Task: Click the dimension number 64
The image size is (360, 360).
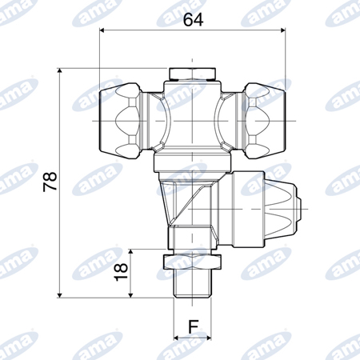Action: (x=194, y=19)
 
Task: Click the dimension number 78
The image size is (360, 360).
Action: (x=50, y=182)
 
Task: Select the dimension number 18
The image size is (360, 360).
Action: (x=121, y=272)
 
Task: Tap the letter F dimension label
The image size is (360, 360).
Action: (x=194, y=326)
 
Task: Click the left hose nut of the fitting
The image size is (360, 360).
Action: (x=120, y=121)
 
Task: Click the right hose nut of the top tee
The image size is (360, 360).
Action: (x=265, y=121)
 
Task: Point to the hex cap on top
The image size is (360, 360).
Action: (x=192, y=74)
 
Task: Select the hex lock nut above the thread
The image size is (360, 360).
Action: (x=192, y=262)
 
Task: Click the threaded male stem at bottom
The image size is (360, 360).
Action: (x=192, y=283)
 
